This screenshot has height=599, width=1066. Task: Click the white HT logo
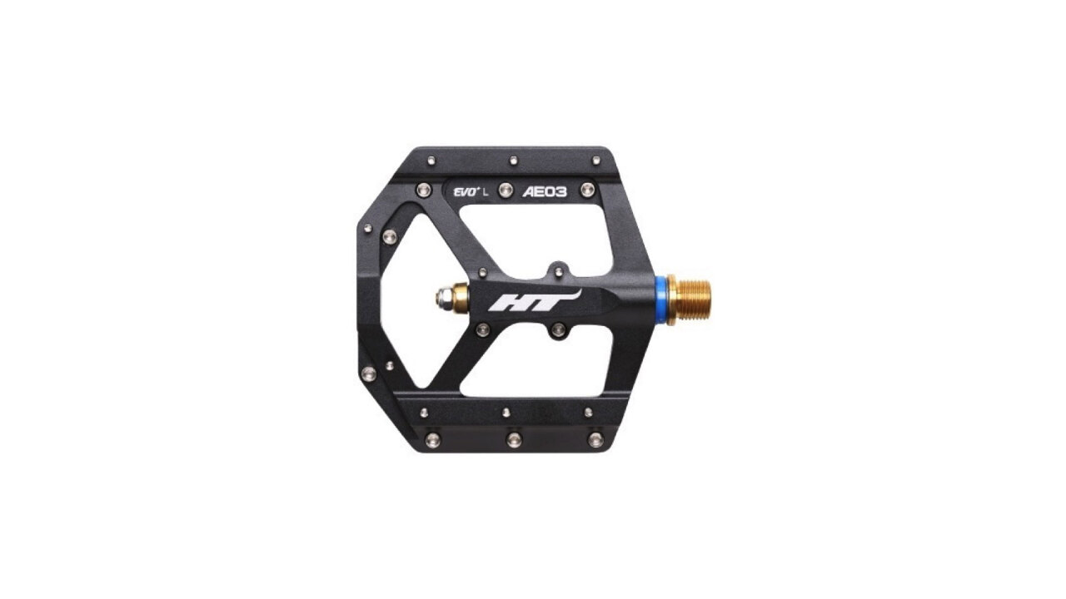point(534,300)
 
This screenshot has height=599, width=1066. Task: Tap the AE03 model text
point(545,191)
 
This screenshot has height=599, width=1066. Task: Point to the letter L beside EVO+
point(486,192)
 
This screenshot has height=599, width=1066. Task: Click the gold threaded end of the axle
point(689,299)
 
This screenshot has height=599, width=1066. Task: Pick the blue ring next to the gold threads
point(660,300)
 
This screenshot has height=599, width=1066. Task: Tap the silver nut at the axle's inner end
point(444,298)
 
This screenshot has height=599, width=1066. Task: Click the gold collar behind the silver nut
point(461,298)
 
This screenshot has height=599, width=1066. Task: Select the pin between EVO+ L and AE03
point(506,191)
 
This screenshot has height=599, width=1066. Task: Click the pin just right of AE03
point(587,191)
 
